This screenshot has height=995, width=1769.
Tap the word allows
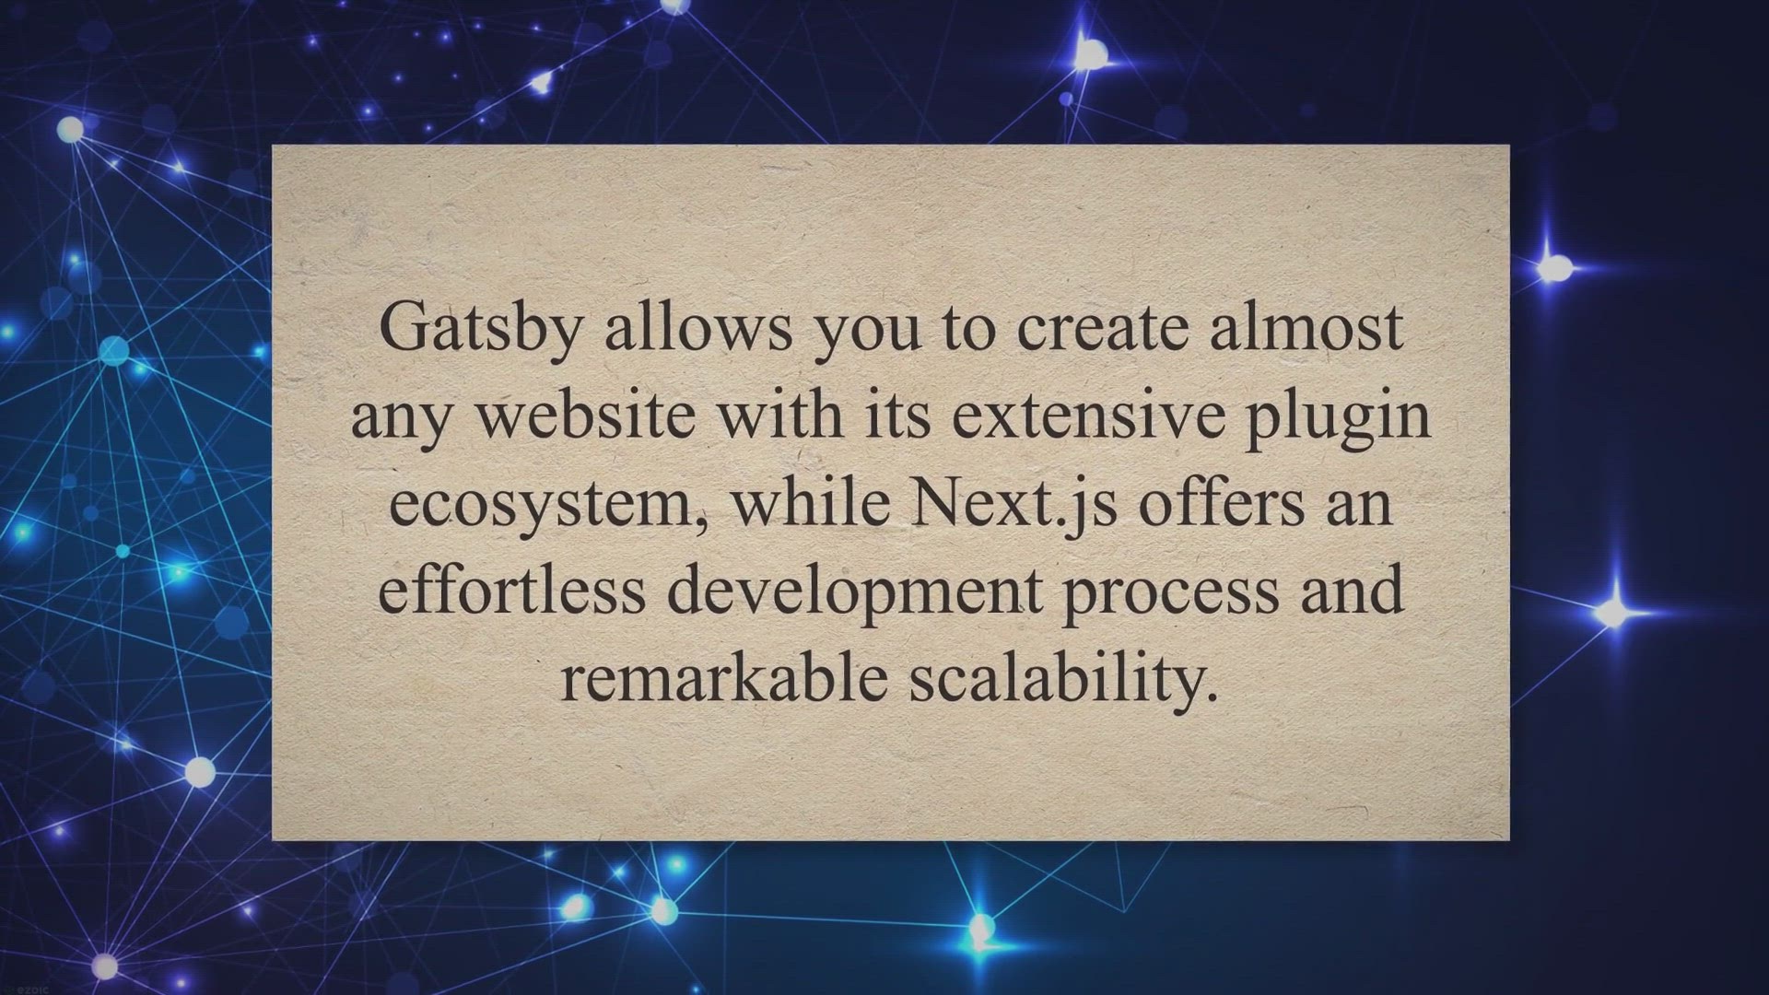698,326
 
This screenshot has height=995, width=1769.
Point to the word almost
1306,326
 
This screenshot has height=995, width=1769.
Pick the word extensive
1088,415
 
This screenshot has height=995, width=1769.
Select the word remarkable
724,676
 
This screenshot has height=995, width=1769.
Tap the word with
780,415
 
